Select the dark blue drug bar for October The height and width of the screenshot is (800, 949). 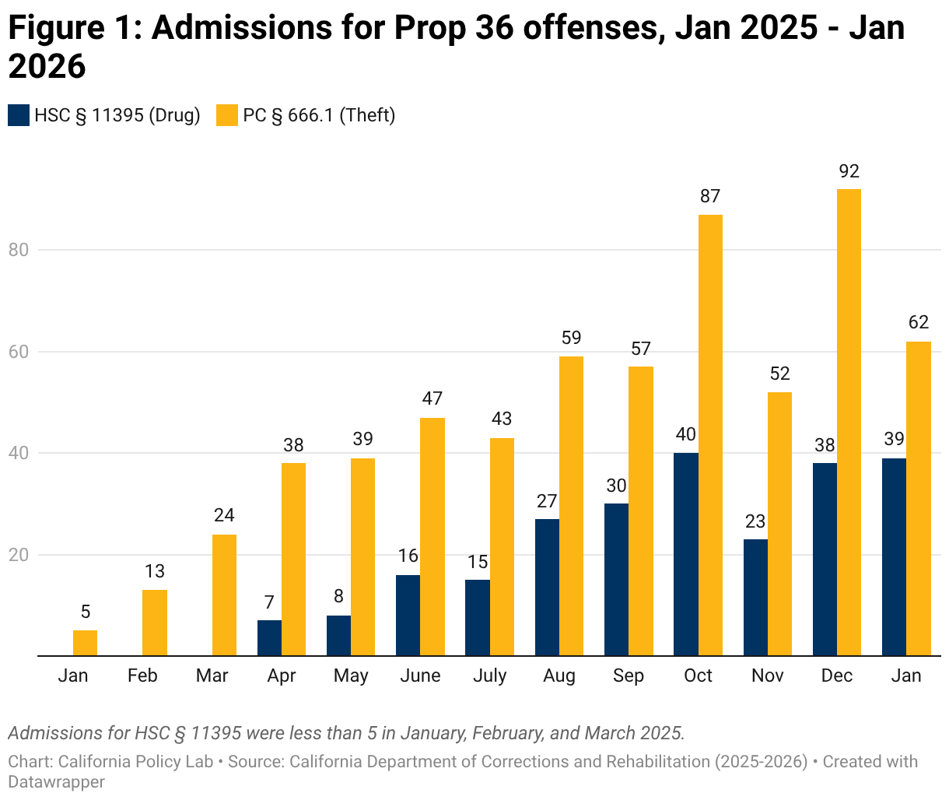pos(686,554)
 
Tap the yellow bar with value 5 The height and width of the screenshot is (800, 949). pos(85,643)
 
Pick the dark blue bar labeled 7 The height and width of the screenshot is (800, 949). pos(269,638)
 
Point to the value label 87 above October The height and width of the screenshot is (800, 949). pos(710,197)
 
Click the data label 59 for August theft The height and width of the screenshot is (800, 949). pos(571,339)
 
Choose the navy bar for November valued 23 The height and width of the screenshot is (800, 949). pos(755,598)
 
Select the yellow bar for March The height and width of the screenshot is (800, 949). pos(224,595)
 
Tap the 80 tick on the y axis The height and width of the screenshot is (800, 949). pos(19,250)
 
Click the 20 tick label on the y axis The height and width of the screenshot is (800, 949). pos(19,555)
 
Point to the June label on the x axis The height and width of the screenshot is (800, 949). pos(420,675)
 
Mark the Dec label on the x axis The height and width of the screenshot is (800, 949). pos(837,675)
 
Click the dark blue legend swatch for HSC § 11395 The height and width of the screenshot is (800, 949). pos(19,115)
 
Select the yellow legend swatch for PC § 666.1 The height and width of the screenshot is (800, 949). pos(227,115)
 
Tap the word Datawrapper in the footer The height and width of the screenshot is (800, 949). pos(56,781)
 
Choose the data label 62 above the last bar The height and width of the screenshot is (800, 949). pos(919,323)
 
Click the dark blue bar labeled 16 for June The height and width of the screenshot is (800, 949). pos(408,616)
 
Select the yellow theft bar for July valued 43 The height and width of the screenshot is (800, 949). pos(502,547)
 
